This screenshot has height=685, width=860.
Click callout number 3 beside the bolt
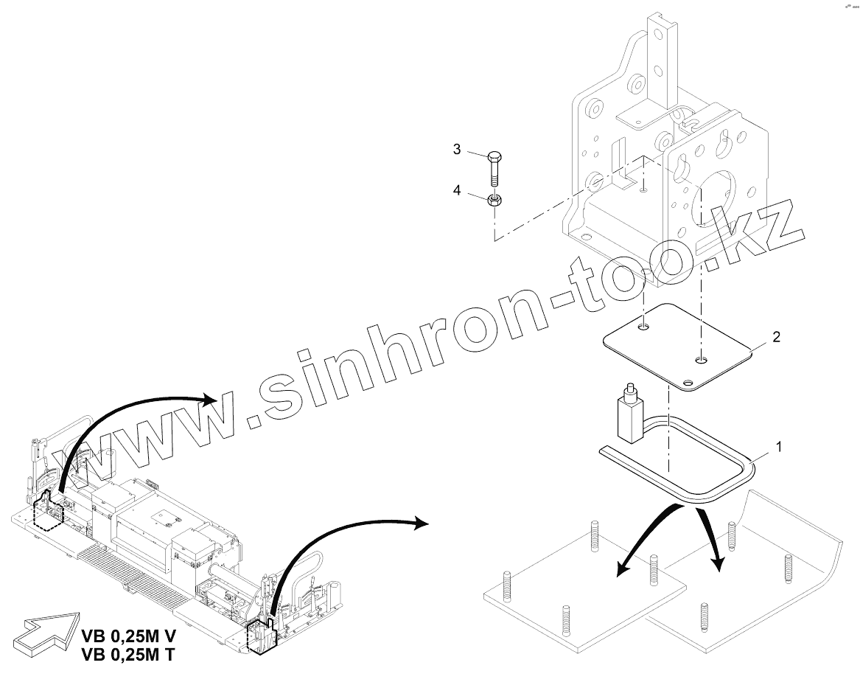457,150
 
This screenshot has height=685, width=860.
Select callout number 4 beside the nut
457,190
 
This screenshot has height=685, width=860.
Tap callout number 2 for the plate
775,337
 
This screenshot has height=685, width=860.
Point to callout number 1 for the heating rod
779,446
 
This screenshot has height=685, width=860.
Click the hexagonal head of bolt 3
496,157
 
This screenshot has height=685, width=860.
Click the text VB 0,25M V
130,636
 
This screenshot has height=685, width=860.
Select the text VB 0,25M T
130,653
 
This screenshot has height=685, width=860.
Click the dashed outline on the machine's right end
262,634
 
